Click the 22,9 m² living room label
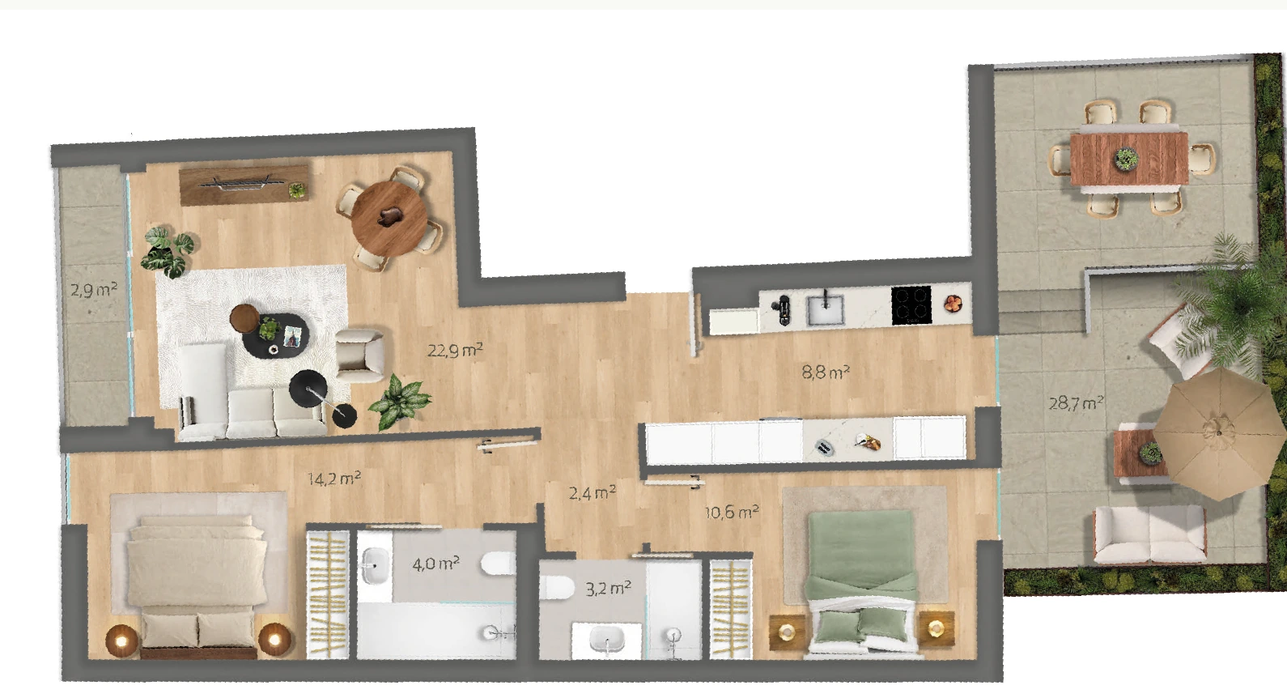click(454, 350)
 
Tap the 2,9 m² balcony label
click(94, 289)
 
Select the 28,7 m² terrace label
click(1076, 402)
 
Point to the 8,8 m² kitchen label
click(825, 372)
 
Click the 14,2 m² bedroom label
click(333, 479)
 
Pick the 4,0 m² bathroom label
click(435, 564)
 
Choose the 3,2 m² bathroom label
click(608, 588)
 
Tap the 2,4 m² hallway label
click(592, 493)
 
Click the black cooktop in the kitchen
click(911, 304)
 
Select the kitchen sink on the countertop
click(825, 309)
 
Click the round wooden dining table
click(389, 218)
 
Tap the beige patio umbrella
click(1218, 433)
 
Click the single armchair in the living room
click(360, 355)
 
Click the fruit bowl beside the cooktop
click(954, 304)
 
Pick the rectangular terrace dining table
click(1129, 159)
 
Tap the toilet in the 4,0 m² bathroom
click(498, 564)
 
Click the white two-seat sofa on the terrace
click(1149, 534)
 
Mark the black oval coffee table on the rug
click(276, 336)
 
